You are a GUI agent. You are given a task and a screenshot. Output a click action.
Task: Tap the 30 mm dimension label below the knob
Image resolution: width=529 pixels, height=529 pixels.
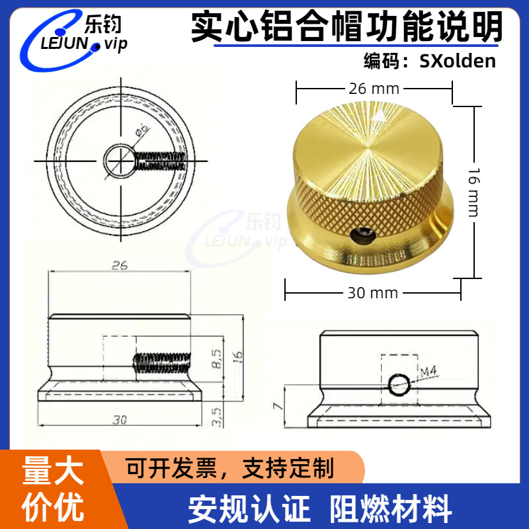(374, 292)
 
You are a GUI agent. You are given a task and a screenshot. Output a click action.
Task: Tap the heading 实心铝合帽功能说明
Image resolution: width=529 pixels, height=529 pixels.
(347, 26)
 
